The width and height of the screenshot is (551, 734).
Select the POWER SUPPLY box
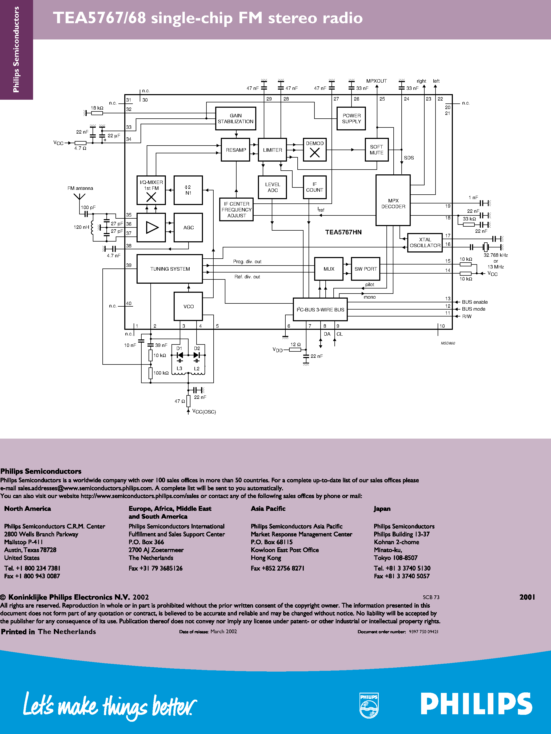[x=351, y=118]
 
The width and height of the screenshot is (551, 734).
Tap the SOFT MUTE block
[x=376, y=150]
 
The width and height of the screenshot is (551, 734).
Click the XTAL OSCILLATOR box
[x=425, y=243]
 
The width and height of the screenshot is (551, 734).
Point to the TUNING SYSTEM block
[x=170, y=269]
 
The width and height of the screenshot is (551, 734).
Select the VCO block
[x=188, y=306]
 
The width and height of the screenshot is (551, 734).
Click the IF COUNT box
[x=314, y=187]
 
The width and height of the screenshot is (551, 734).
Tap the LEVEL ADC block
[x=273, y=187]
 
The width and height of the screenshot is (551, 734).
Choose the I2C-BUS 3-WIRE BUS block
[x=320, y=310]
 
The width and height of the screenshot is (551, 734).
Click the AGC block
[x=188, y=228]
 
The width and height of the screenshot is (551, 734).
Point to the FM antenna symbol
[x=79, y=197]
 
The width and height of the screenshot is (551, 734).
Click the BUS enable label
[x=475, y=302]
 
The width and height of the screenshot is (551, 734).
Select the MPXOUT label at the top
[x=376, y=81]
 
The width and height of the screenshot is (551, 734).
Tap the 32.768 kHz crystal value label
[x=496, y=255]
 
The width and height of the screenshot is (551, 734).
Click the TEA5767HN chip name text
[x=343, y=232]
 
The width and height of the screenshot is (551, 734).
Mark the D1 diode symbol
[x=180, y=355]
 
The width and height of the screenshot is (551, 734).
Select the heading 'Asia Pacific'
[x=268, y=509]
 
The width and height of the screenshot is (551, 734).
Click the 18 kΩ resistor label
[x=97, y=108]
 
